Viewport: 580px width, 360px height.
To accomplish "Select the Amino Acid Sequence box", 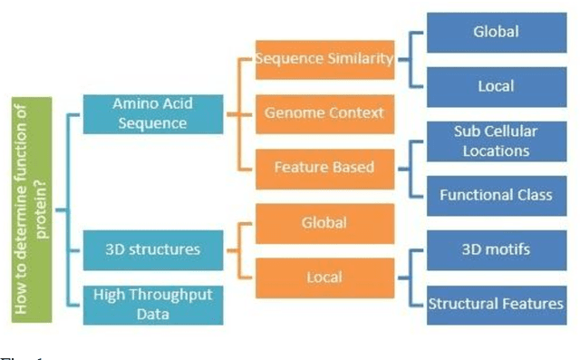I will (x=151, y=113).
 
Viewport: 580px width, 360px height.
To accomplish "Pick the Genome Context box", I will (x=324, y=113).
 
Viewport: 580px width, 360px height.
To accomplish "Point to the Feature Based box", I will (x=324, y=167).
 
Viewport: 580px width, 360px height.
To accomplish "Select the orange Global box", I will (x=324, y=223).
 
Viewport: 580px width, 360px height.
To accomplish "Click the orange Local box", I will (x=324, y=277).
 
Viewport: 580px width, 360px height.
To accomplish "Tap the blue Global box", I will (x=496, y=33).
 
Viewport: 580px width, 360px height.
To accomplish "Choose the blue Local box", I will (x=496, y=87).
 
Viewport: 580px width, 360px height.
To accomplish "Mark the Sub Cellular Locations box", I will (x=496, y=140).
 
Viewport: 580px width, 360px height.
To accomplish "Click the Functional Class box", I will (x=496, y=194).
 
